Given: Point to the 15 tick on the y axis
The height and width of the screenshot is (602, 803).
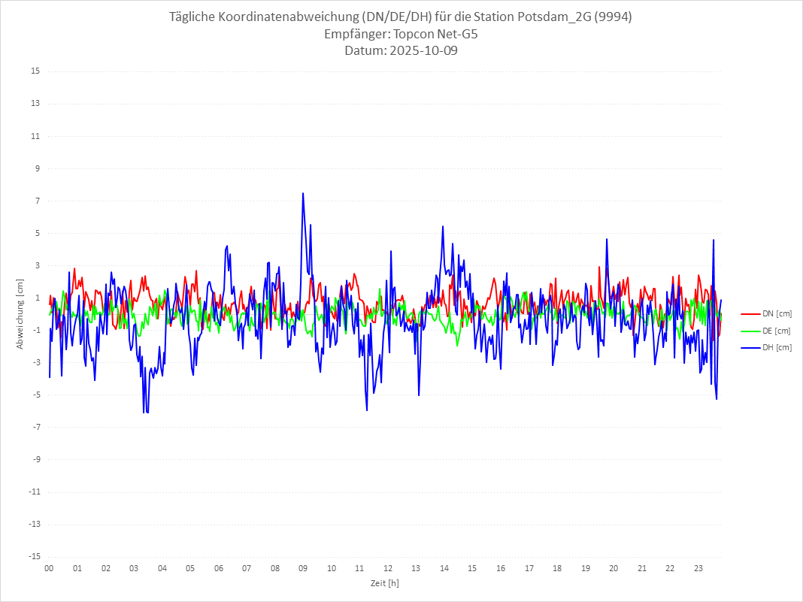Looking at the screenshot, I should (35, 71).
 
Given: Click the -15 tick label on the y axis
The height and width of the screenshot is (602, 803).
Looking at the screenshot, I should (34, 556).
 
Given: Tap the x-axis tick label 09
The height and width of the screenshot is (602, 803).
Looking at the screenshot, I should (303, 568).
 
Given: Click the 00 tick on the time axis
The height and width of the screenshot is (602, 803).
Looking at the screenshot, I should (49, 568).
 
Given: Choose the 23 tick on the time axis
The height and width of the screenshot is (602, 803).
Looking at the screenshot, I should (698, 568).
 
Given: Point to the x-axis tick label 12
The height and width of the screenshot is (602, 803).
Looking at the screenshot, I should (388, 568).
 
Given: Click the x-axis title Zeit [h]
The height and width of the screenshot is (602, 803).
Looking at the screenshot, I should (384, 583).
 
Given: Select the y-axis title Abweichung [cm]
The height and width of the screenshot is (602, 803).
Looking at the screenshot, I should (20, 313).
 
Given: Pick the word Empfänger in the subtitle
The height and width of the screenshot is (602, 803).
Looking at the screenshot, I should (356, 35).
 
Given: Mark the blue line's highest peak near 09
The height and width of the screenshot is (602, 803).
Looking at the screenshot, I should (303, 193).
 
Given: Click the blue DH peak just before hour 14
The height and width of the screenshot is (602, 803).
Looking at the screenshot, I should (443, 226).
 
